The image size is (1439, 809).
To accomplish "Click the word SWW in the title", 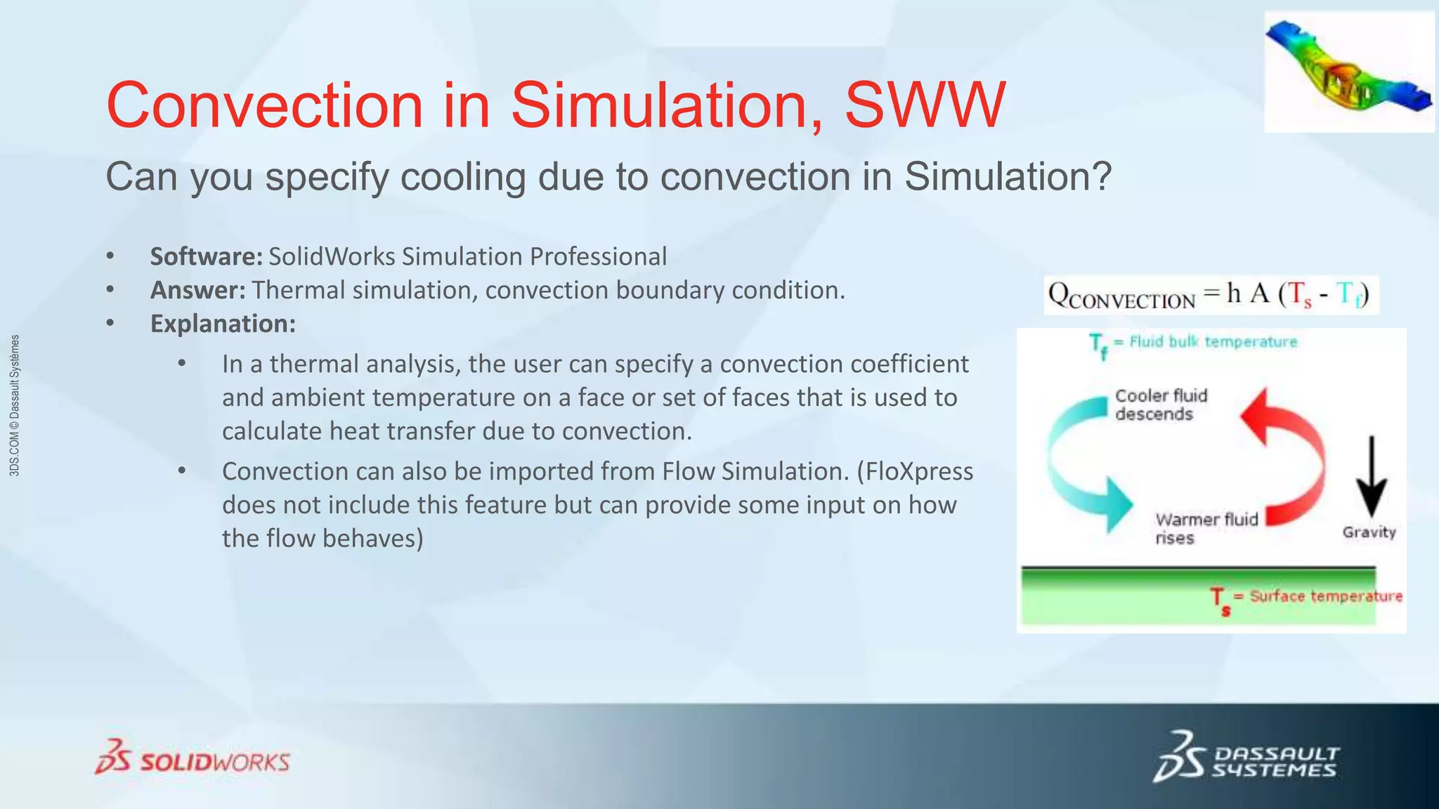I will click(925, 105).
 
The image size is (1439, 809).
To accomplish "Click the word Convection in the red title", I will click(265, 105).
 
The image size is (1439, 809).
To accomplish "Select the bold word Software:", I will click(206, 257).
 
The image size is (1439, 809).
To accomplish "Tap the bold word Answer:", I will click(197, 290).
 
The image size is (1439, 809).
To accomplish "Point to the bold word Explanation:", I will click(223, 324).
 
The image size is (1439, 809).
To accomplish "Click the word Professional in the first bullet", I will click(598, 257).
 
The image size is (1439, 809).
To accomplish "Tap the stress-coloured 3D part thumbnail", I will click(1348, 72).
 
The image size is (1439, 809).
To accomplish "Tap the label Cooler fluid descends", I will click(1161, 405).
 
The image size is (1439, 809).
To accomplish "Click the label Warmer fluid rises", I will click(1206, 529).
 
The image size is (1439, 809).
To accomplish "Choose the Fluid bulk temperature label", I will click(1212, 342).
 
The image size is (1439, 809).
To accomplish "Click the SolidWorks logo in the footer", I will click(193, 758).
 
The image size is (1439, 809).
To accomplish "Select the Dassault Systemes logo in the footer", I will click(1246, 758).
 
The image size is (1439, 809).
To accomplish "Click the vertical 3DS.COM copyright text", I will click(15, 405).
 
